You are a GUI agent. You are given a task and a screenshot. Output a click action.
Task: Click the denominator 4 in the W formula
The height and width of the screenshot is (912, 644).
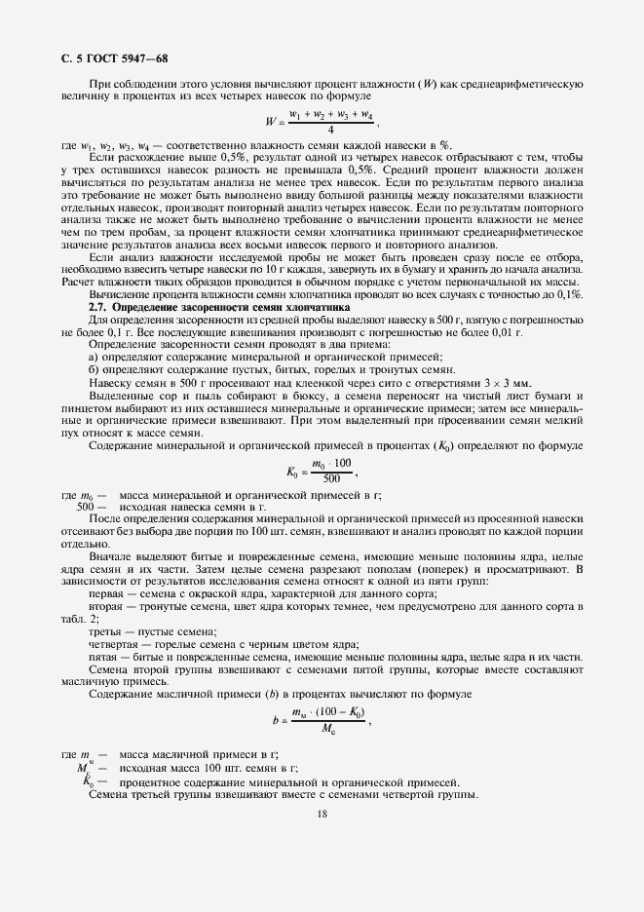[x=331, y=129]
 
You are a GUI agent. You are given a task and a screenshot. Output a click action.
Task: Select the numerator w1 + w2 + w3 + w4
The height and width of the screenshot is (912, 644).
[x=331, y=115]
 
